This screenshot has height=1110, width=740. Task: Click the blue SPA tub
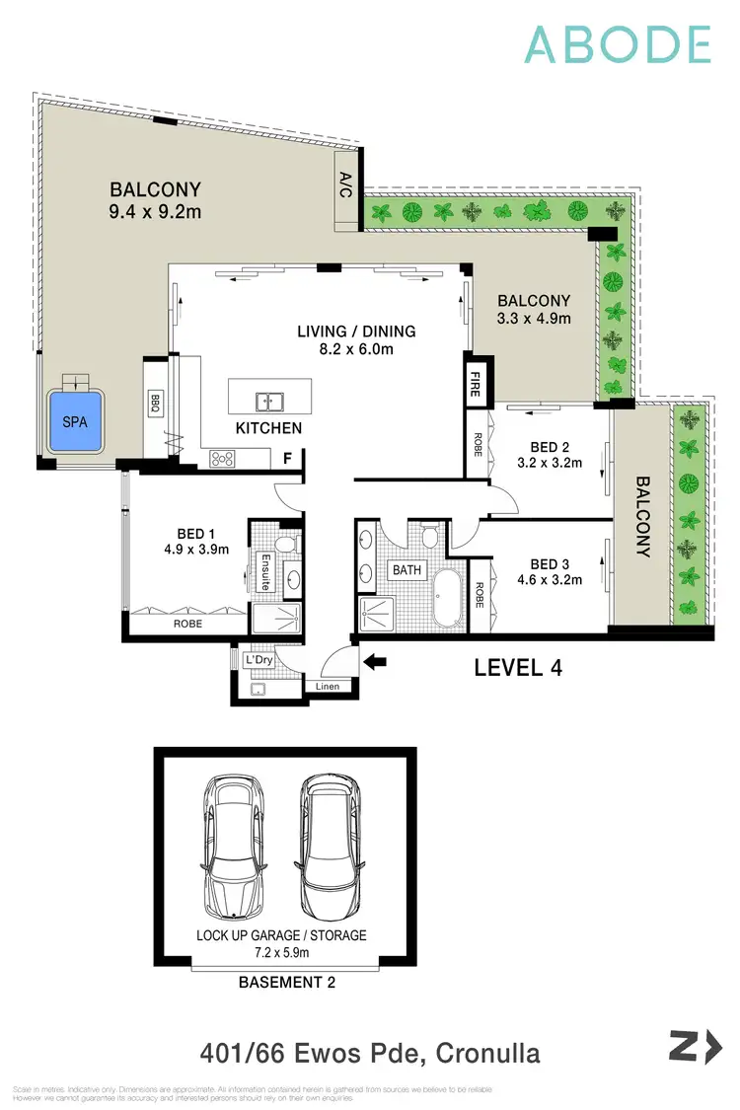[75, 421]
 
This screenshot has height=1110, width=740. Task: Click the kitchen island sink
[268, 401]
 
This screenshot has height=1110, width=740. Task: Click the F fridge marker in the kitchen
[287, 458]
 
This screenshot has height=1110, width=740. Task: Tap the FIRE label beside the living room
[475, 383]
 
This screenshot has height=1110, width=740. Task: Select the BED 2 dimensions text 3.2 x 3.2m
[548, 462]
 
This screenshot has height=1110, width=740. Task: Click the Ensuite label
[265, 572]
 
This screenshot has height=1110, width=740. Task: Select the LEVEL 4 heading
[518, 668]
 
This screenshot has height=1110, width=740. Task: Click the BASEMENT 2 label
[281, 984]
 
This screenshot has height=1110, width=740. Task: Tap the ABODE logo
[617, 44]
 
